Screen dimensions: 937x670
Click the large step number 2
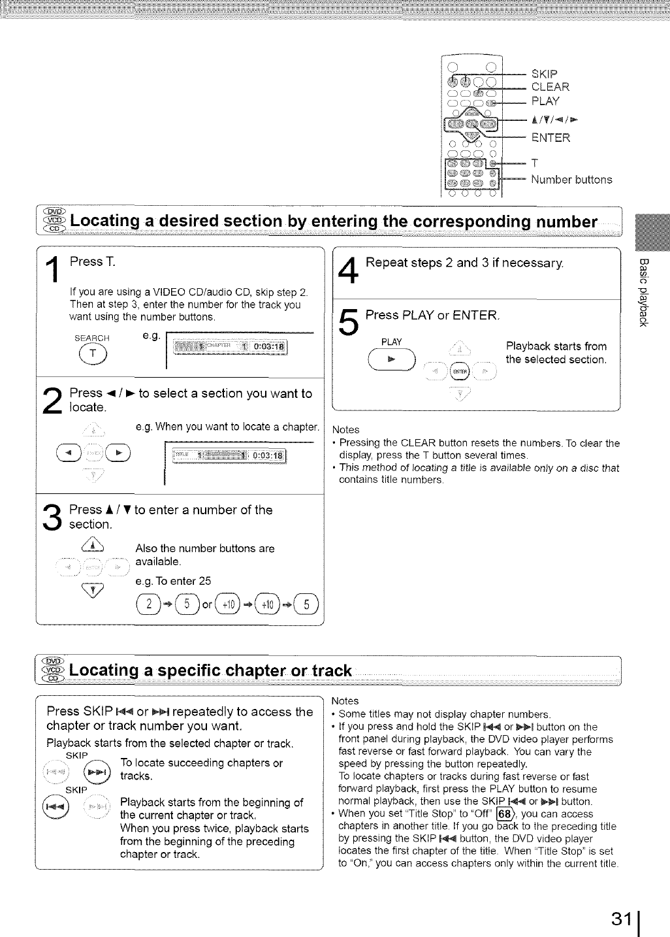(53, 401)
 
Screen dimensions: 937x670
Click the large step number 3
(53, 516)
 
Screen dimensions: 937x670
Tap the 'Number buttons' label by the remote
(571, 180)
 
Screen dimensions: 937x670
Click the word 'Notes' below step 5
(346, 429)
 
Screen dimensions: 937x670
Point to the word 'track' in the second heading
(332, 672)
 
